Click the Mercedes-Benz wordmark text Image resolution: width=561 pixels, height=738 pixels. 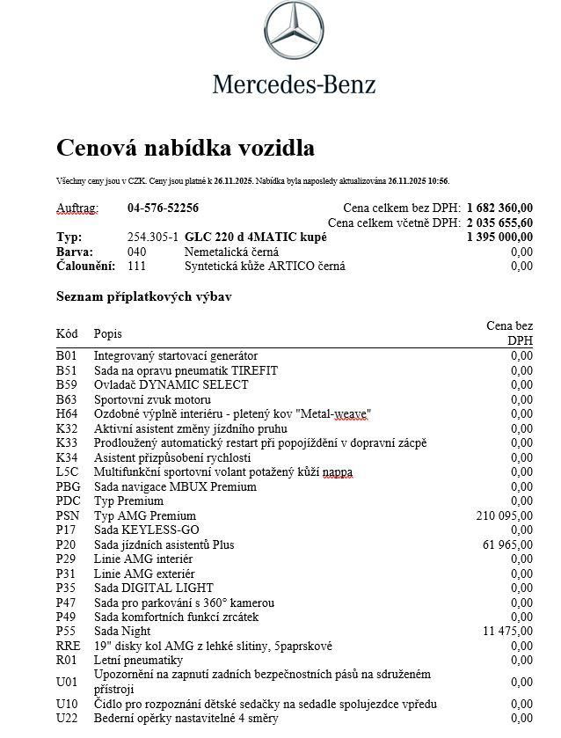(294, 84)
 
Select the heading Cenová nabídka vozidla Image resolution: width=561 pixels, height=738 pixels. (186, 147)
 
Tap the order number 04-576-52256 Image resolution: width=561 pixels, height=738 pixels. (163, 208)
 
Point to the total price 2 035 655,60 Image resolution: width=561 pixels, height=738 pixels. (499, 223)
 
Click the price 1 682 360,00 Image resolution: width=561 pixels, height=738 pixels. (499, 208)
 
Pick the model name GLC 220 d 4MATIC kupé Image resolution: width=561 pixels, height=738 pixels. (256, 237)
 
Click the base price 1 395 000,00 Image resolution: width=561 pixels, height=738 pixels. (499, 237)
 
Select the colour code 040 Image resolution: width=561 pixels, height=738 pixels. (136, 252)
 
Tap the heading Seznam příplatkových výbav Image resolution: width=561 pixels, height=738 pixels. (144, 297)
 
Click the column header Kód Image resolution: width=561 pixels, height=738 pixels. (67, 334)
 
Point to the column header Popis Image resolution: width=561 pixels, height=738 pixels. (108, 334)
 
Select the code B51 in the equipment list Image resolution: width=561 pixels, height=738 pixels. (67, 370)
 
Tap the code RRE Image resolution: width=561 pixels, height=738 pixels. (68, 646)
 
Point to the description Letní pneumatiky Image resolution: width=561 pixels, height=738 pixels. (138, 660)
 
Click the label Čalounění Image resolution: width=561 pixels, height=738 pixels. (86, 266)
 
